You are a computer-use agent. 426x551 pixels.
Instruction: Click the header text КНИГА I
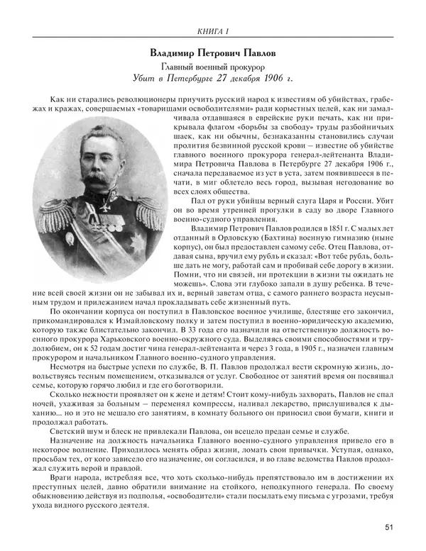212,30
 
